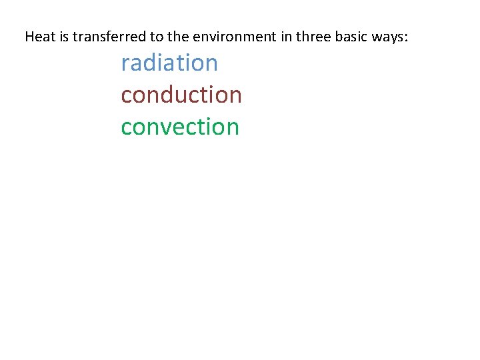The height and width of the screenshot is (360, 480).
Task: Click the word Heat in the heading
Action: (39, 37)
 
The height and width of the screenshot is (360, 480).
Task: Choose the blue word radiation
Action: (169, 63)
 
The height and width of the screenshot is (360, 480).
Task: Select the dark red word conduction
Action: (181, 95)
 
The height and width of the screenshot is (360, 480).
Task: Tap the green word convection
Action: (180, 127)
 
